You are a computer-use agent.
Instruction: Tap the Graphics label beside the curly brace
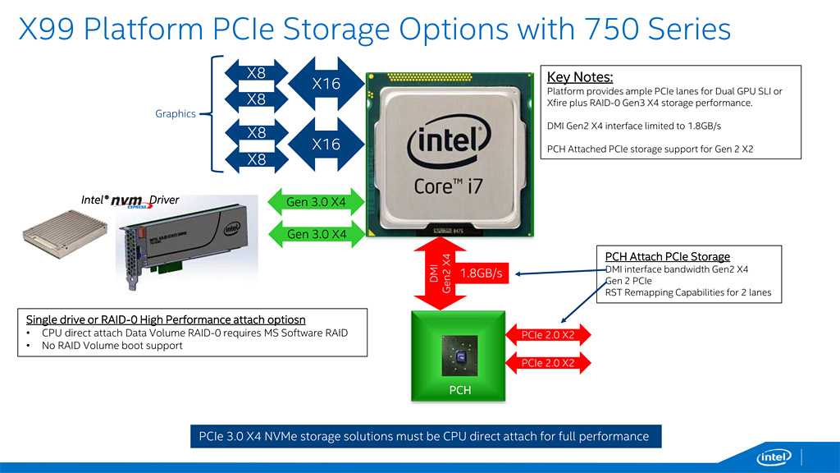click(x=176, y=113)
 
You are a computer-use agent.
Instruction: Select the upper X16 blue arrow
click(x=326, y=83)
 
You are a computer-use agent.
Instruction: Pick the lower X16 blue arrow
click(x=326, y=144)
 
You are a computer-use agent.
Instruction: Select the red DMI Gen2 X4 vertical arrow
click(x=441, y=271)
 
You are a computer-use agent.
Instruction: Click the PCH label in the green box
click(x=460, y=390)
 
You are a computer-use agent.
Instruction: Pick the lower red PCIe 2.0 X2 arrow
click(x=548, y=363)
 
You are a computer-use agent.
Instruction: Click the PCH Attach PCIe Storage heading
click(x=667, y=257)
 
